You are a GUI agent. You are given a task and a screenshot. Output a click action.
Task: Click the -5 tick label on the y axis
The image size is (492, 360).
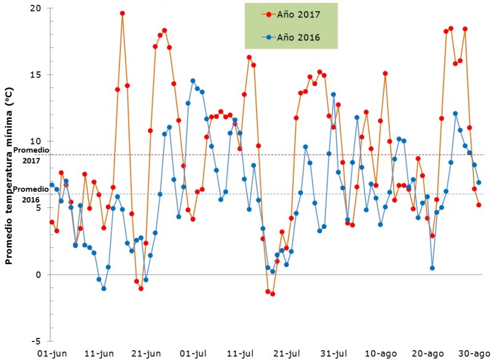click(x=37, y=341)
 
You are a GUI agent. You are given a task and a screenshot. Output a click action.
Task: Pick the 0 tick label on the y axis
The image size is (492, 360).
click(x=39, y=274)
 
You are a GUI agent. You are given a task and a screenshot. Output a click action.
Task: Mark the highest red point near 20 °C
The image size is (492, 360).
click(x=122, y=13)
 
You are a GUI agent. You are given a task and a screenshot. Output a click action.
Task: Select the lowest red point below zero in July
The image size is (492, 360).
click(x=272, y=294)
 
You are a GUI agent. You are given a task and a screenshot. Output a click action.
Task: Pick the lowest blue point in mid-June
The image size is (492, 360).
click(x=103, y=289)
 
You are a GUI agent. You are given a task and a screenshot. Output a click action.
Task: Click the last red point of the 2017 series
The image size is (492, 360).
click(x=478, y=205)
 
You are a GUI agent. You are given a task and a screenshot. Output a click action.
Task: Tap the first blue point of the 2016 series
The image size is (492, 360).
click(x=52, y=185)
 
